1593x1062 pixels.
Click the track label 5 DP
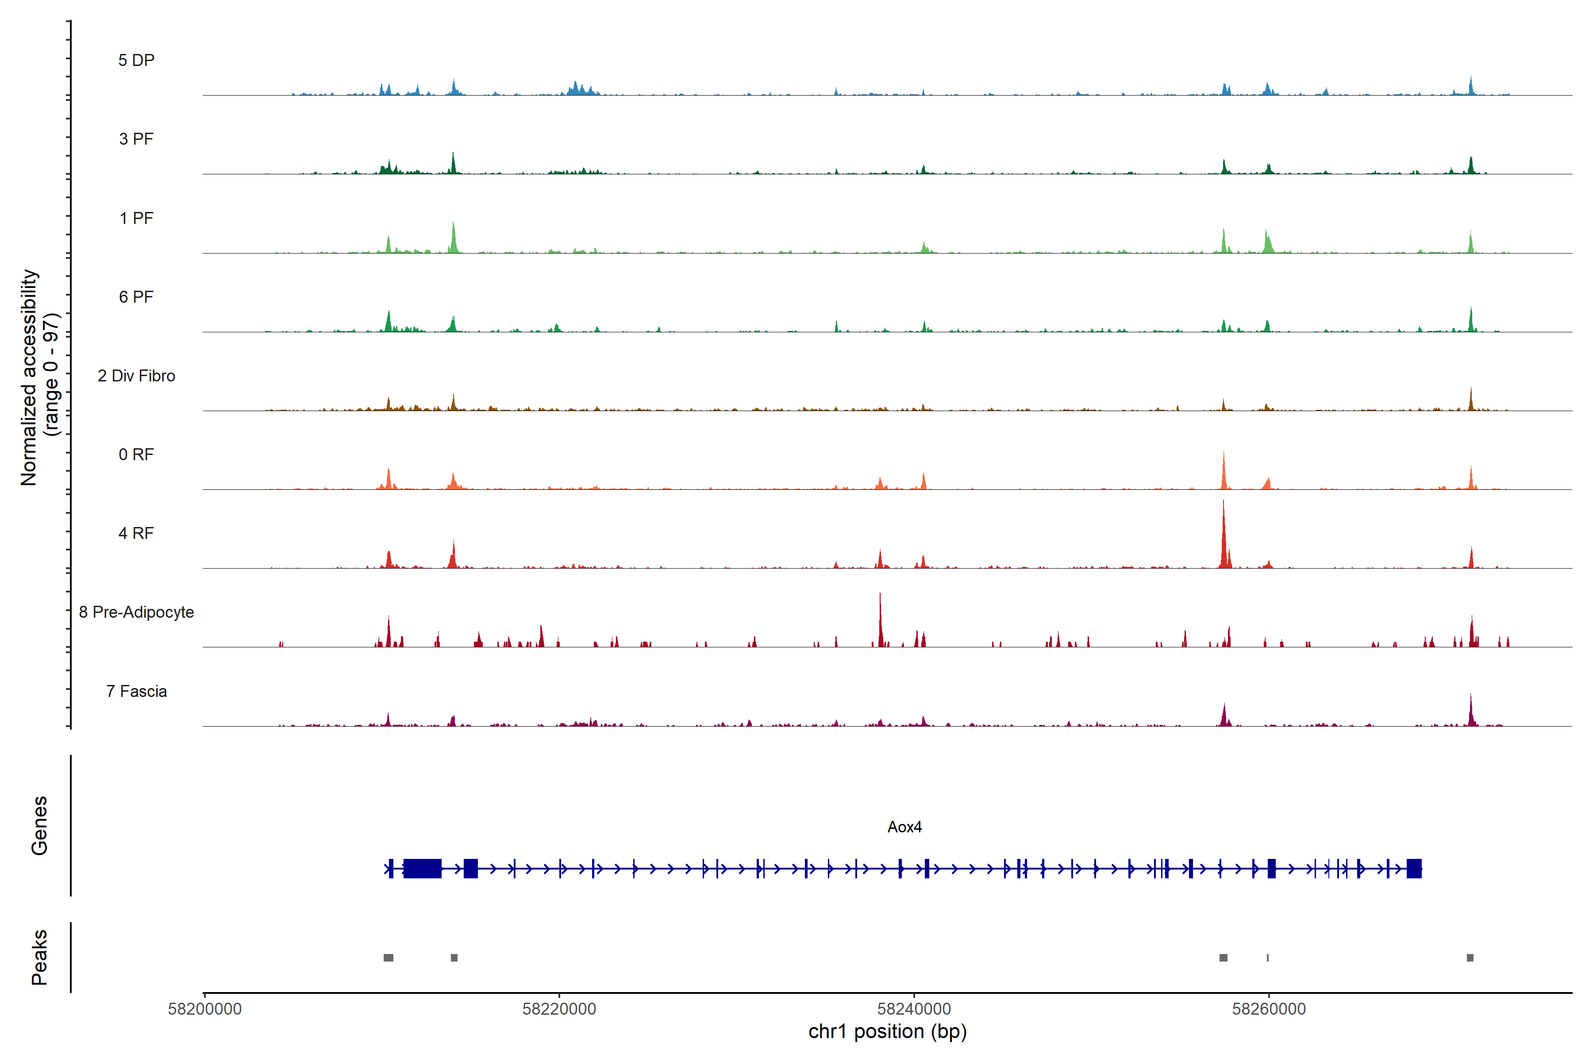[x=136, y=60]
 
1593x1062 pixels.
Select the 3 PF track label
[x=136, y=139]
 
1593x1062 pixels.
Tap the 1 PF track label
[x=136, y=218]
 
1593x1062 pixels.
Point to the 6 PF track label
[x=136, y=296]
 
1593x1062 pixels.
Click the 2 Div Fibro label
[x=136, y=376]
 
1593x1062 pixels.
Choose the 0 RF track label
[x=136, y=454]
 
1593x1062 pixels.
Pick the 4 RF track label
[x=136, y=533]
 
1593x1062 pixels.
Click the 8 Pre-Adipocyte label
[x=136, y=612]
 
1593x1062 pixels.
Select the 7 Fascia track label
[x=136, y=691]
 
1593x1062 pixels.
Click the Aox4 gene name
[x=904, y=827]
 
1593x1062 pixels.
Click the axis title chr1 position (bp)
[x=887, y=1031]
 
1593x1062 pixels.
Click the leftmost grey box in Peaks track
[x=388, y=958]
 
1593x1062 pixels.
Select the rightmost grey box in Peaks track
[x=1470, y=958]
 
